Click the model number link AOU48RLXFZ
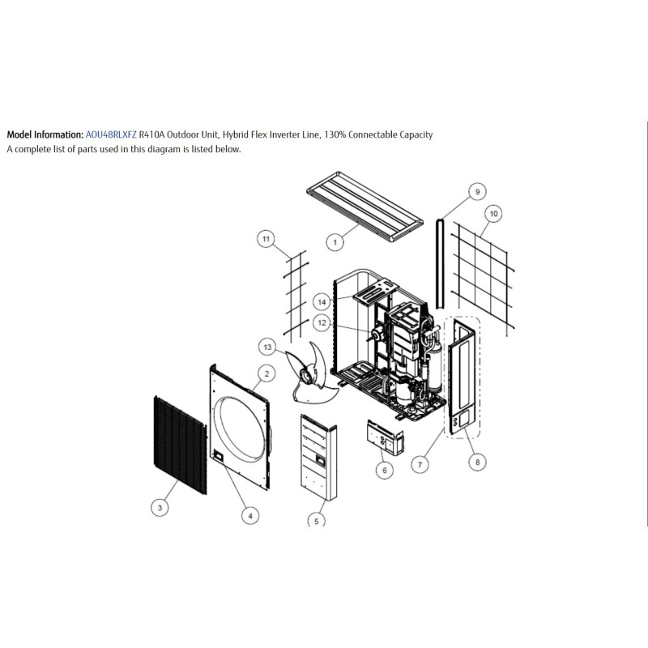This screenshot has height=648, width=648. tap(111, 134)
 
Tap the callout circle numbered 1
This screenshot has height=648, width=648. tap(335, 241)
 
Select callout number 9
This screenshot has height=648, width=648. tap(477, 192)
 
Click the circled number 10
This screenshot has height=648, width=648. tap(493, 214)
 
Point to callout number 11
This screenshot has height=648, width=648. tap(266, 239)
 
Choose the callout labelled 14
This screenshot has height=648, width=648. tap(322, 302)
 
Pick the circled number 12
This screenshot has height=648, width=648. tap(322, 322)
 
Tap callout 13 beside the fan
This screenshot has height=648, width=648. tap(267, 347)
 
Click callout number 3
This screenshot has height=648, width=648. tap(160, 507)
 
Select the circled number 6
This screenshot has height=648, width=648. tap(385, 470)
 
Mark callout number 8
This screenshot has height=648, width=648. tap(477, 462)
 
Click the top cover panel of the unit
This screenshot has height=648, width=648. tap(365, 207)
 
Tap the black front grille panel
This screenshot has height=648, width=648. tap(180, 445)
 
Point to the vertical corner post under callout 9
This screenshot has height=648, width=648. tap(440, 264)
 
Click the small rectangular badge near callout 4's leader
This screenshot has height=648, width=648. tap(218, 457)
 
